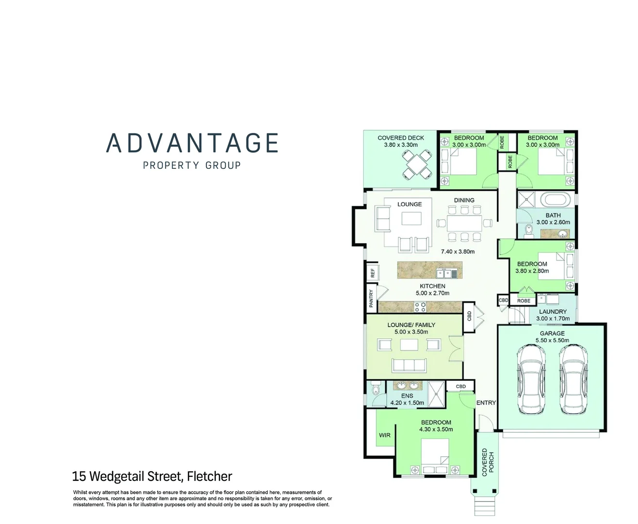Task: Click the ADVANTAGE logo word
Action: [x=192, y=143]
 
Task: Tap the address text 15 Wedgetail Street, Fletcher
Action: [x=152, y=476]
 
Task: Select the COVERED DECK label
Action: [x=401, y=138]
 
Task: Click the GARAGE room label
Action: [x=552, y=333]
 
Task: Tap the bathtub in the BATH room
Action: [x=557, y=199]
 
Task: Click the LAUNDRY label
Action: [x=553, y=311]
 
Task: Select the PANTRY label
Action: [x=371, y=298]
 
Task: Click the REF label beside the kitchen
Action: [x=373, y=273]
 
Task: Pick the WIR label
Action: [x=385, y=435]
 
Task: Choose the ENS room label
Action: [x=407, y=396]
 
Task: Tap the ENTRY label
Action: [x=486, y=403]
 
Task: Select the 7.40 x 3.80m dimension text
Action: [x=458, y=252]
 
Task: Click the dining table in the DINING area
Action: [x=464, y=223]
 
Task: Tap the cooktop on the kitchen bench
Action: [x=420, y=307]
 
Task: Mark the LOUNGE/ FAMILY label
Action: [x=411, y=325]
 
